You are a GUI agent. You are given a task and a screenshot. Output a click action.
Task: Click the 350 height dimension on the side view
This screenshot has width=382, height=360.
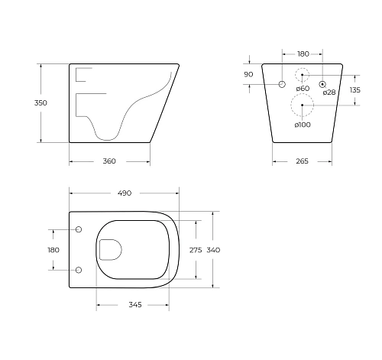(30, 103)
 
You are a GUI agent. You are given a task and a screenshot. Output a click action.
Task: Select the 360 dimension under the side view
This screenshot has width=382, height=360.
(108, 161)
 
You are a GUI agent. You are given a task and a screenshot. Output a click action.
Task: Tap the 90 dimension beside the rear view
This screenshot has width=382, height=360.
(248, 74)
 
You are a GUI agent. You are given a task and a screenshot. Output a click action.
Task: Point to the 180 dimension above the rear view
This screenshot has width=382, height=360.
(303, 54)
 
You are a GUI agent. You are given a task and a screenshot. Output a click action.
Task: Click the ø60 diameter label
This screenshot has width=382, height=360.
(303, 89)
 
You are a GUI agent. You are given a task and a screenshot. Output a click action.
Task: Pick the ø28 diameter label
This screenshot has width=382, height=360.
(329, 92)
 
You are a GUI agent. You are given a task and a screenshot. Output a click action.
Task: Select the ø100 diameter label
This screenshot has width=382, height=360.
(303, 124)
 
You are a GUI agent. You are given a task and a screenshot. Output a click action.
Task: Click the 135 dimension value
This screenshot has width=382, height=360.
(354, 89)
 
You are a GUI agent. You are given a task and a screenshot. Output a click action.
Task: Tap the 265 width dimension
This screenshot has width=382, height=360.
(303, 161)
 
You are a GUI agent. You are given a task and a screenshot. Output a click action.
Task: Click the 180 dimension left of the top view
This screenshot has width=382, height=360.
(53, 250)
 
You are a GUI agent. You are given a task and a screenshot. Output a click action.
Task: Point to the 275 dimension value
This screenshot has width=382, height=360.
(195, 250)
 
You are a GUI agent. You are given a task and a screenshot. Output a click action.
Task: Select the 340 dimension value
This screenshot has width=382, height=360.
(215, 250)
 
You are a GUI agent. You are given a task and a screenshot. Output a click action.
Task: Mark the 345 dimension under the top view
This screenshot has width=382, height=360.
(134, 305)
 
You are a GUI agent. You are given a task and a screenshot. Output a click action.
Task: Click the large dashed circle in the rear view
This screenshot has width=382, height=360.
(303, 105)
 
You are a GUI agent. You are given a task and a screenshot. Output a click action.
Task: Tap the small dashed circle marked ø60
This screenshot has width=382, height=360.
(303, 76)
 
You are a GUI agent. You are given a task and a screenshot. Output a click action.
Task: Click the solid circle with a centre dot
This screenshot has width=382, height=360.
(322, 83)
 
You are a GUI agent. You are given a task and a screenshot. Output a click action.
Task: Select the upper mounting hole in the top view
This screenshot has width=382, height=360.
(79, 229)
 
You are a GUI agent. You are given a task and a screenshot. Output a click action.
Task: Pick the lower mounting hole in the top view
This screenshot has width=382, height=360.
(79, 269)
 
